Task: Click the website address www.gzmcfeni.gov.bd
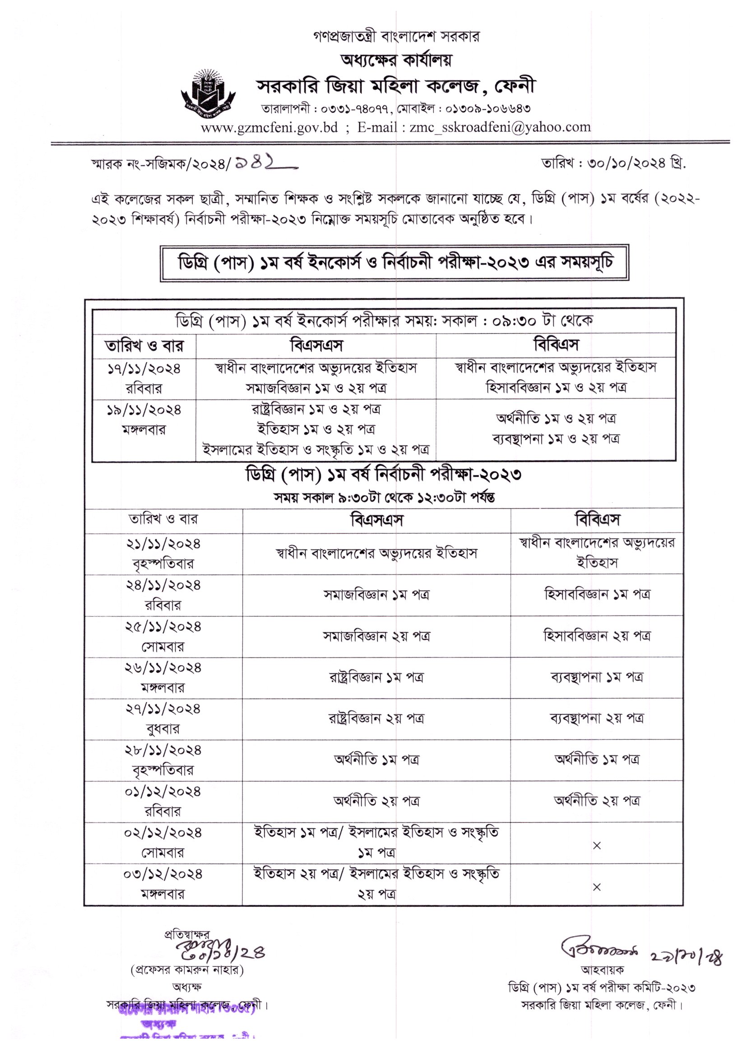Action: tap(269, 127)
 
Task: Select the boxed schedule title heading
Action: tap(394, 263)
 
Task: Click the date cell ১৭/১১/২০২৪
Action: tap(144, 369)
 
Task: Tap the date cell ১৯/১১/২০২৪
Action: tap(144, 410)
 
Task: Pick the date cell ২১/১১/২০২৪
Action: tap(163, 544)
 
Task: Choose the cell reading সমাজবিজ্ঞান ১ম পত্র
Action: tap(376, 595)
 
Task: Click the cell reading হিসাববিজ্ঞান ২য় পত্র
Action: tap(597, 636)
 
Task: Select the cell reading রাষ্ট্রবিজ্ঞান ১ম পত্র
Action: tap(376, 677)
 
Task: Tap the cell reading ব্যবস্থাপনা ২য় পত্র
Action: tap(597, 718)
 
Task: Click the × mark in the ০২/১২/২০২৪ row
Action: tap(597, 845)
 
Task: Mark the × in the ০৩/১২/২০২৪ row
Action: tap(597, 887)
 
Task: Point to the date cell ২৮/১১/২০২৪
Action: tap(163, 750)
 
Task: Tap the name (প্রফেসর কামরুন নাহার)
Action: tap(187, 970)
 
